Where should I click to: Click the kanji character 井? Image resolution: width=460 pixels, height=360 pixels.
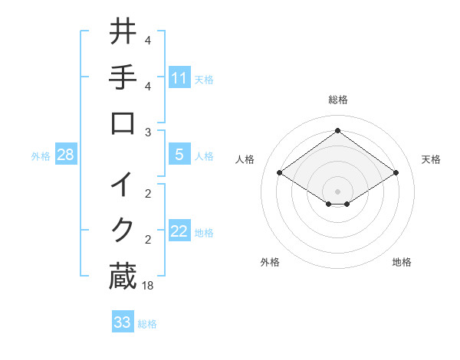point(123,32)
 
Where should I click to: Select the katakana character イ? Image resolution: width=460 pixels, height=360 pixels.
point(123,184)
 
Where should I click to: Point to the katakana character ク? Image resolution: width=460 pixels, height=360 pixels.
point(123,230)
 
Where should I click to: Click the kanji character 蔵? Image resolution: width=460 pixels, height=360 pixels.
point(123,277)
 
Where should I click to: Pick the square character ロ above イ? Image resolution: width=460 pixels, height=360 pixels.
point(123,125)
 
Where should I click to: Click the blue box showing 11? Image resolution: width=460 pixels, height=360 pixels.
point(179,77)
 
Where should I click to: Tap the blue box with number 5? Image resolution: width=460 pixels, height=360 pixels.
point(179,155)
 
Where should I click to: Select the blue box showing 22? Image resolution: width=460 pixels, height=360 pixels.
point(179,231)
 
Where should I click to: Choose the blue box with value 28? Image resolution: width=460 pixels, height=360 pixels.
point(66,155)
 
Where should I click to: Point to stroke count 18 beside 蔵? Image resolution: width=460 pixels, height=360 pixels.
point(148,286)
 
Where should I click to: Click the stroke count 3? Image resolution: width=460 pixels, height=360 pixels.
point(148,132)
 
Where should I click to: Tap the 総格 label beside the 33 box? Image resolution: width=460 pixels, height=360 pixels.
point(147,324)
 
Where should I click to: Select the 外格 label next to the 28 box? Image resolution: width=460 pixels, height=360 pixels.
point(41,156)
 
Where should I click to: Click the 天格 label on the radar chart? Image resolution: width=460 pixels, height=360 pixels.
point(431,159)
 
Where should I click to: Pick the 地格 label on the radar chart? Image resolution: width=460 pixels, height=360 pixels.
point(402,262)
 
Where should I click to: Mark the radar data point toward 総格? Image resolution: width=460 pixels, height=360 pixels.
point(338,130)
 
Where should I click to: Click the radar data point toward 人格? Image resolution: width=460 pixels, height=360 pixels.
point(280,173)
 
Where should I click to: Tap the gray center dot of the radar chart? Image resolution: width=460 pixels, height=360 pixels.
point(338,191)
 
